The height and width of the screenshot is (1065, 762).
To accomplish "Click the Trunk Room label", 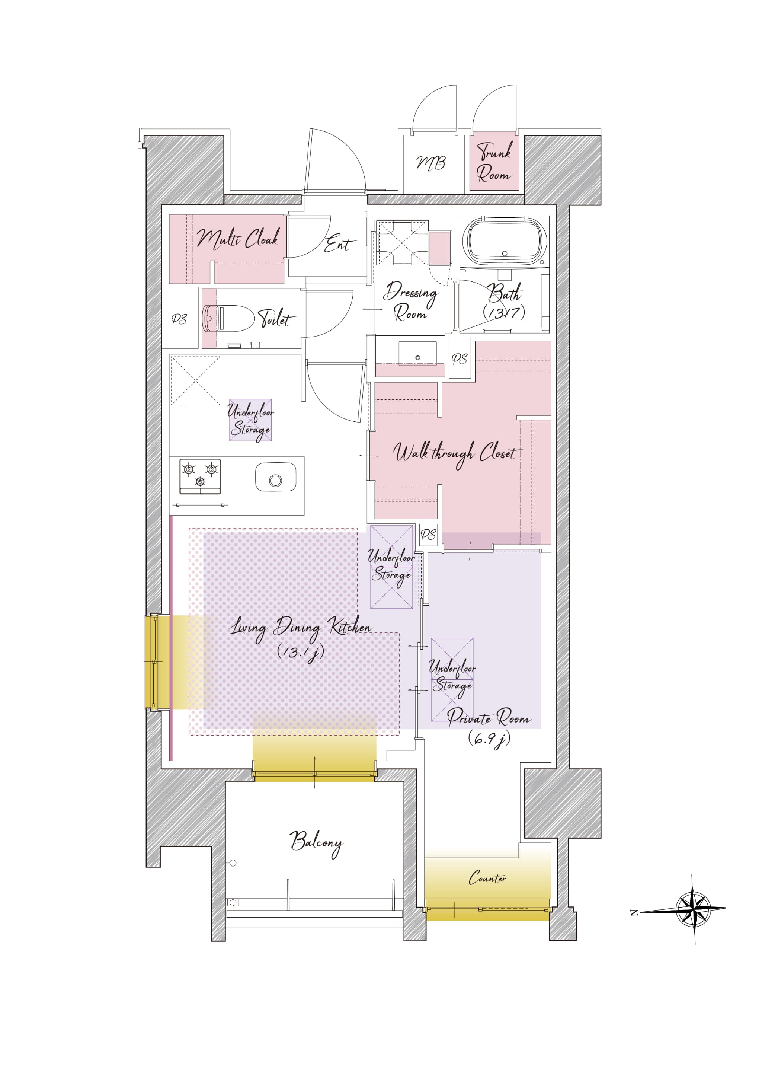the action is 494,162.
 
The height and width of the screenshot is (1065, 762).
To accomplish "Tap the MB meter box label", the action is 431,163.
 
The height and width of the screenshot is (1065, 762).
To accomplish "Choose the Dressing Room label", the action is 410,301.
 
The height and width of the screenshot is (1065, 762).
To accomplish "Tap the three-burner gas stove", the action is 200,476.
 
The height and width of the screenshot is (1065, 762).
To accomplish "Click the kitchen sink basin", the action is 275,477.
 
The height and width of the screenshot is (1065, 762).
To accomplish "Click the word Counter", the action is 487,877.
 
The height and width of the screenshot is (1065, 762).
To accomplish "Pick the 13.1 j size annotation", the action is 300,652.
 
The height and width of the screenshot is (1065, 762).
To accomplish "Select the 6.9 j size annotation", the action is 489,739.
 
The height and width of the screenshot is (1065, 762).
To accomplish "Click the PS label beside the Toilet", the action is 179,319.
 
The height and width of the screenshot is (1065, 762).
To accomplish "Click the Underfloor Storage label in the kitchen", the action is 250,421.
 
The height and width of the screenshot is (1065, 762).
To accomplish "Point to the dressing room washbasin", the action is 417,353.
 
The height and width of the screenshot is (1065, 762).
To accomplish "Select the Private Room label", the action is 489,718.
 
